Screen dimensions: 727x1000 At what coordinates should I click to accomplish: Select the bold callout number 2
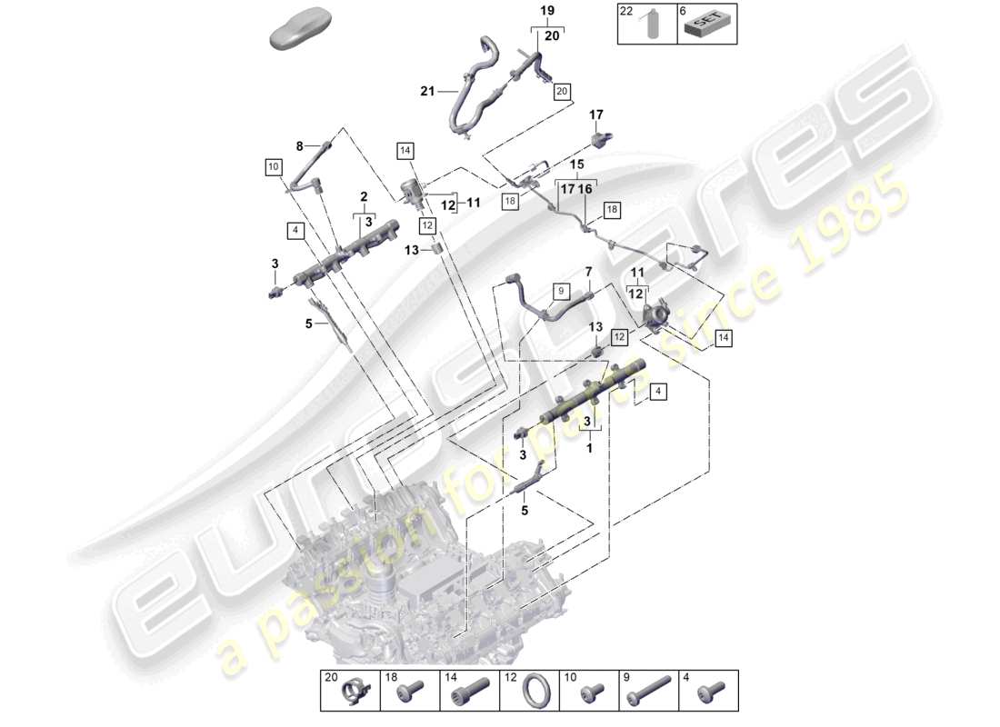tap(363, 196)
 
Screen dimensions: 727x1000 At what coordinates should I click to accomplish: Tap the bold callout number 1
tap(590, 448)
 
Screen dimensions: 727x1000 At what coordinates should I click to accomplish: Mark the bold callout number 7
tap(588, 272)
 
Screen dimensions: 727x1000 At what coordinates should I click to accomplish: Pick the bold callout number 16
tap(585, 189)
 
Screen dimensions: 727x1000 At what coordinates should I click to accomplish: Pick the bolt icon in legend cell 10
tap(591, 695)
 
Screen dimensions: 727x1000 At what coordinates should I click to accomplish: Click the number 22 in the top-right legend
tap(625, 11)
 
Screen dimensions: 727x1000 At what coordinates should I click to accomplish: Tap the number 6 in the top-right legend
tap(683, 11)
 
